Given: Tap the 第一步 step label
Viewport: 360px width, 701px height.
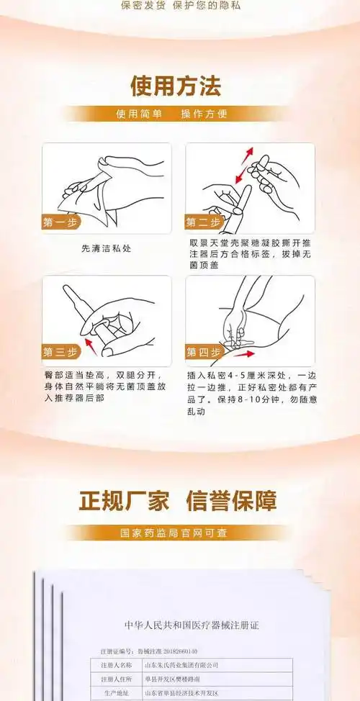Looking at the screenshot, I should pyautogui.click(x=60, y=222).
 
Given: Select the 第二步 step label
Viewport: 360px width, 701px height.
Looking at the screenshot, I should pyautogui.click(x=204, y=222).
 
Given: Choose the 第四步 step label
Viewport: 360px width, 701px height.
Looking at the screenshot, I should pyautogui.click(x=204, y=353).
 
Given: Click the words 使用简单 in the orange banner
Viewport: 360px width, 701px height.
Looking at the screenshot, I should pyautogui.click(x=139, y=114).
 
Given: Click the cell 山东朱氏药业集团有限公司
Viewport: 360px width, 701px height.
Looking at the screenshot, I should pyautogui.click(x=181, y=665).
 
